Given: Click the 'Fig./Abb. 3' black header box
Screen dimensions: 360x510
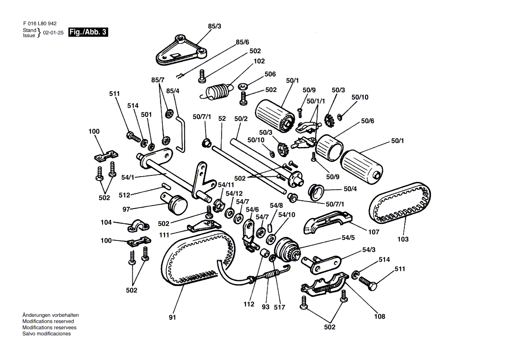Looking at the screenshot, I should pos(88,32).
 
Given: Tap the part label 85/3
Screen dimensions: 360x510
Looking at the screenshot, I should pos(214,27).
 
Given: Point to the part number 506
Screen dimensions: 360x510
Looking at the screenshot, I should pos(270,75).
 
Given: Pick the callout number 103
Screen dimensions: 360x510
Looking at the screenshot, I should pos(403,239).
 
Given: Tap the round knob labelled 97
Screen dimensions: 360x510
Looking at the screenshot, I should pos(176,204).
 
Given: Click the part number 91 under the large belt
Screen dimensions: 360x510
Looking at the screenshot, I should pos(172,317).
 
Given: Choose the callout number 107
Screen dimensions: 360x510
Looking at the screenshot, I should pos(374,232).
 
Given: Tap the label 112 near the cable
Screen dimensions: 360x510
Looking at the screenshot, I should pos(249,305).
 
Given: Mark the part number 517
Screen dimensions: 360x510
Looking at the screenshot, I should pos(279,307).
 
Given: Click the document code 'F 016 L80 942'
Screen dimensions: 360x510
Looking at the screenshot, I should pos(40,24).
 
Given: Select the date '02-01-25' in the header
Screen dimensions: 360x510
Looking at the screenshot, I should pos(53,33).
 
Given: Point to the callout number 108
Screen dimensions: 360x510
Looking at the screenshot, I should pos(379,316).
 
